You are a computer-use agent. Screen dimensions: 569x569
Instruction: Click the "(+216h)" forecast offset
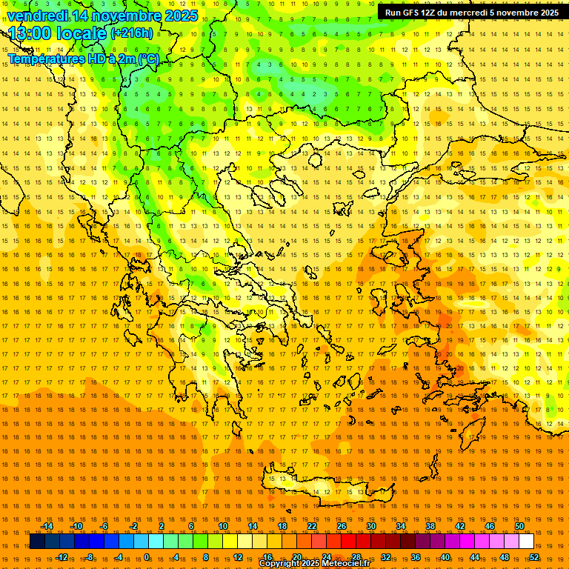[132, 33]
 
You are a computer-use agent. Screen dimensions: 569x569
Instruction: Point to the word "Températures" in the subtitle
[44, 59]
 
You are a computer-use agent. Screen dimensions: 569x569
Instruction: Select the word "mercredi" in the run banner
[471, 13]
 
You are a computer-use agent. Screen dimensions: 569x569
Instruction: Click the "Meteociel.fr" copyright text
[341, 564]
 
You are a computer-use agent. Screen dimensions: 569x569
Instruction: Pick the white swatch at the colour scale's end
[527, 542]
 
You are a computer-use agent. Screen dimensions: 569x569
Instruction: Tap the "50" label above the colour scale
[519, 526]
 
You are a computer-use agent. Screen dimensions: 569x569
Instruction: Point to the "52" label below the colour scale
[534, 557]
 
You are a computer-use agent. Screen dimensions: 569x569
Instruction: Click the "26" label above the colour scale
[342, 526]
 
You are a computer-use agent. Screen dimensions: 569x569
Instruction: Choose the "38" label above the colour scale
[430, 526]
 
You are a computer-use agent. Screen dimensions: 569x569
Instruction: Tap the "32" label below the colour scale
[386, 557]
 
